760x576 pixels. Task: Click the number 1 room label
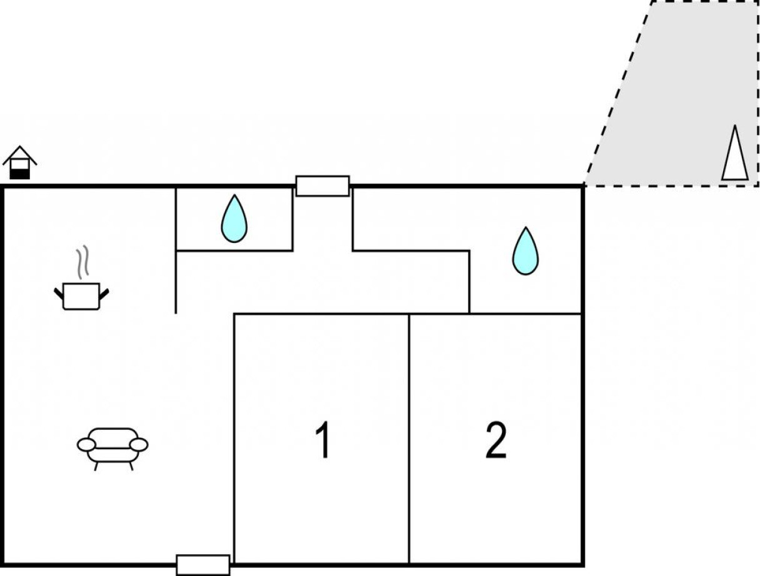tap(322, 440)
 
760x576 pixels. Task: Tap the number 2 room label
tap(496, 440)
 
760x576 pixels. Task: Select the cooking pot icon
tap(81, 296)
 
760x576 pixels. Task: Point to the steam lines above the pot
tap(82, 263)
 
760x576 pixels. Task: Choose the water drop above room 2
tap(525, 251)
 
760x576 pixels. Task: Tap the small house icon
tap(19, 163)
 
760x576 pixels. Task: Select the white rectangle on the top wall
tap(322, 186)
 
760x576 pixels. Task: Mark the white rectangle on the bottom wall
tap(202, 565)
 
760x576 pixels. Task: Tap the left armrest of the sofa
tap(86, 444)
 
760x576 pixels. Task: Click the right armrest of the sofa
tap(139, 444)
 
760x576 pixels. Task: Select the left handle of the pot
tap(59, 292)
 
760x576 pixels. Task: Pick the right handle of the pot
tap(104, 292)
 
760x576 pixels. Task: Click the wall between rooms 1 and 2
tap(409, 437)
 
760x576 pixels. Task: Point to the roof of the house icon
tap(19, 153)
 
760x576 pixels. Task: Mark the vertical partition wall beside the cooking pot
tap(176, 250)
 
